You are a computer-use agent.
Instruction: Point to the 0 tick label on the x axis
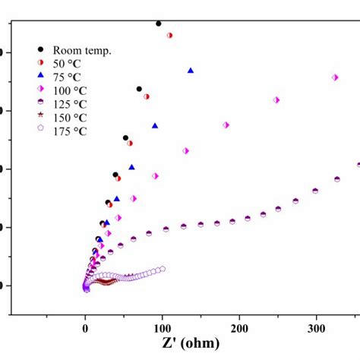tap(85, 327)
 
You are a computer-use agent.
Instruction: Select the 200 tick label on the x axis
tap(238, 327)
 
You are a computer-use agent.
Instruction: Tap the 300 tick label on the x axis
tap(315, 327)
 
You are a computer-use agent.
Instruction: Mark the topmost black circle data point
tap(158, 24)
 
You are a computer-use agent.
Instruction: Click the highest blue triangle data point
tap(191, 70)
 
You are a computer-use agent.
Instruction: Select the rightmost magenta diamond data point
tap(335, 77)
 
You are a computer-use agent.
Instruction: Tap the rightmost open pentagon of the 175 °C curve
tap(163, 269)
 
